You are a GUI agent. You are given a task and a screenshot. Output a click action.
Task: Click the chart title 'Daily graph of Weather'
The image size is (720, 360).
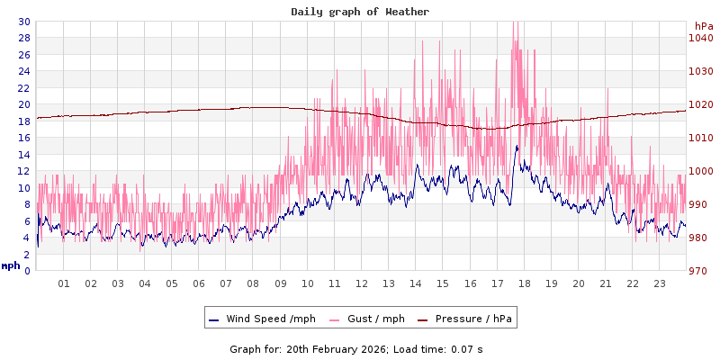click(x=360, y=12)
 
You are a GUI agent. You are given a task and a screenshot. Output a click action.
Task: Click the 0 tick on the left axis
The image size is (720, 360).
click(x=27, y=271)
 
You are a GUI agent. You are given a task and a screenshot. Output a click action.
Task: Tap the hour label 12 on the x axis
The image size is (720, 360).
click(x=362, y=283)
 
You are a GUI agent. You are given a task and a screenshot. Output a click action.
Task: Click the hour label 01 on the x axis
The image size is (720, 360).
click(x=64, y=283)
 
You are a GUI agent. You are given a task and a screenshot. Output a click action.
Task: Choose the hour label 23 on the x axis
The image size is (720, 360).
click(x=660, y=283)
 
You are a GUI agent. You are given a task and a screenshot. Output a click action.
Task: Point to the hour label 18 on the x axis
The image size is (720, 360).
click(x=525, y=283)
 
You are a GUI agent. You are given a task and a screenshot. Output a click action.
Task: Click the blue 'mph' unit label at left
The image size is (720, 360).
click(x=11, y=265)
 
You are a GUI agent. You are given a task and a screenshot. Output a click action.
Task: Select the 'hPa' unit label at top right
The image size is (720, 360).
click(x=703, y=26)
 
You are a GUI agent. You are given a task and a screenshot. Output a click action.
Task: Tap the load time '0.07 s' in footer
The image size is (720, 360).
click(x=467, y=348)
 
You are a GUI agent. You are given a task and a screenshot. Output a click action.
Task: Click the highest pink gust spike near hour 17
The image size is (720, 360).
click(x=514, y=23)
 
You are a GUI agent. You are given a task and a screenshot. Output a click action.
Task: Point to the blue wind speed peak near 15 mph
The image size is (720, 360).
click(x=517, y=146)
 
